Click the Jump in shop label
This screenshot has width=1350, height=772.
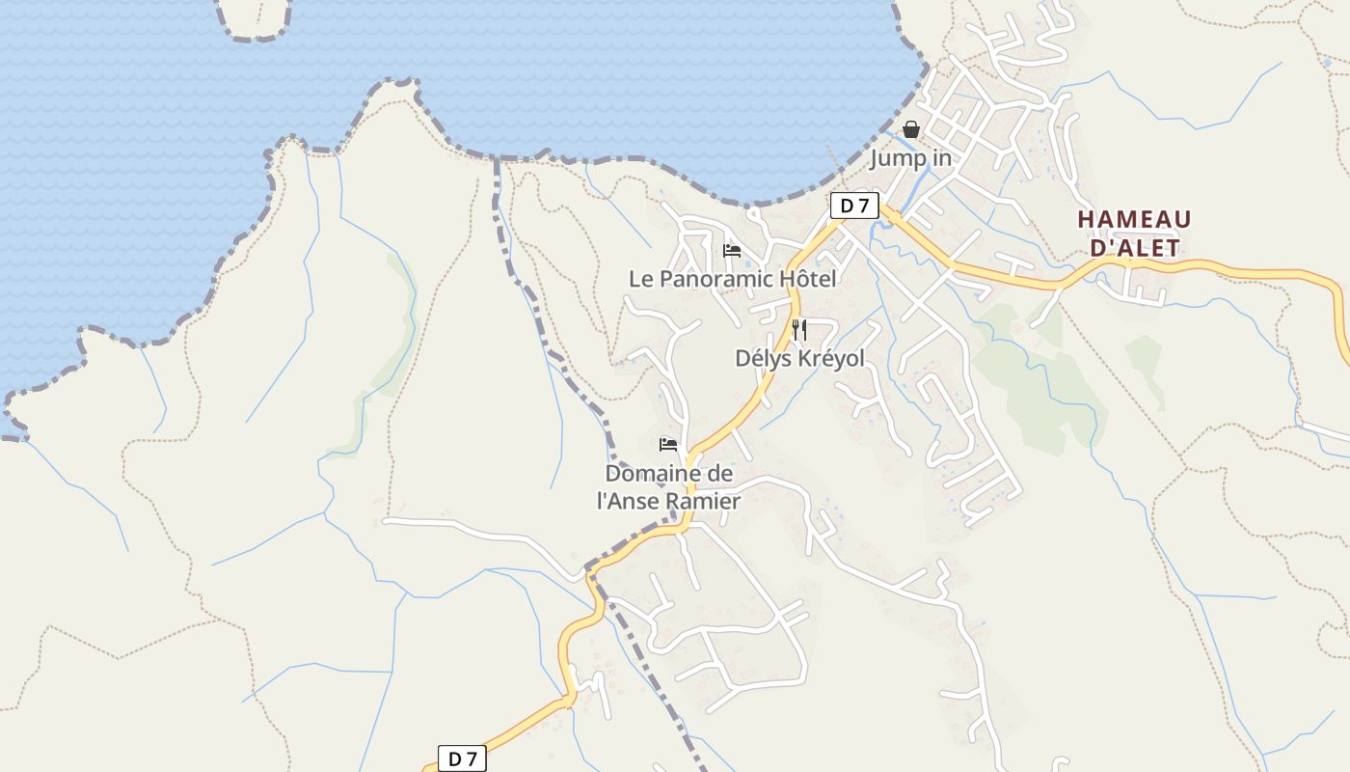[911, 158]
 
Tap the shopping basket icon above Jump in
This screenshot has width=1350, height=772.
[911, 129]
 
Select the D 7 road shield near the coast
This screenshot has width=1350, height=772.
[854, 205]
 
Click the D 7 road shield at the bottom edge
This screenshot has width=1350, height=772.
[462, 758]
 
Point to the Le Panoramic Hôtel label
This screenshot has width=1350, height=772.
[732, 279]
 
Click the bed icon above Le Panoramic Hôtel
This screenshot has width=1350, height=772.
[732, 251]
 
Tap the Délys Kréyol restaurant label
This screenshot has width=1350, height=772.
[799, 358]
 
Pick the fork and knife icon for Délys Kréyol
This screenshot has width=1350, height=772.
[798, 330]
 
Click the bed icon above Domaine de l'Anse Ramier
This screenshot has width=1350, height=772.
[668, 445]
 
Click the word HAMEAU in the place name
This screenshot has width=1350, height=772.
[1134, 220]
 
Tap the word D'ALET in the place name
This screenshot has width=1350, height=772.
[1134, 248]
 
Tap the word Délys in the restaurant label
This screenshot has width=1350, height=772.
[762, 358]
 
